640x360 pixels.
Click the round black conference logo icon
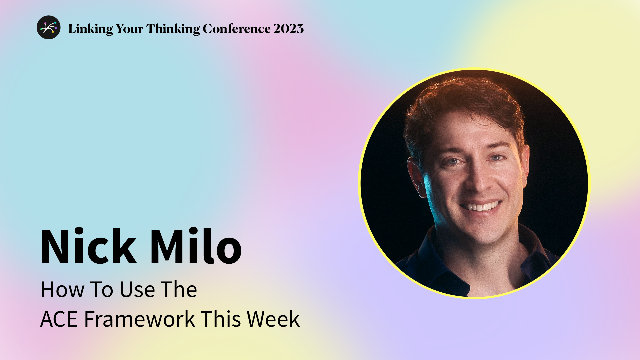pos(49,27)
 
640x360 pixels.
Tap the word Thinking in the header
pos(173,29)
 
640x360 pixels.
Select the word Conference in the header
pos(236,29)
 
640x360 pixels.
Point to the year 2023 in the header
pos(289,29)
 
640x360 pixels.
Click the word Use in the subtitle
pos(137,289)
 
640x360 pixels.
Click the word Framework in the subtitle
pos(139,319)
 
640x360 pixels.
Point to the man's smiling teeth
pos(481,207)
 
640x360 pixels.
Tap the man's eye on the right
pos(497,158)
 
